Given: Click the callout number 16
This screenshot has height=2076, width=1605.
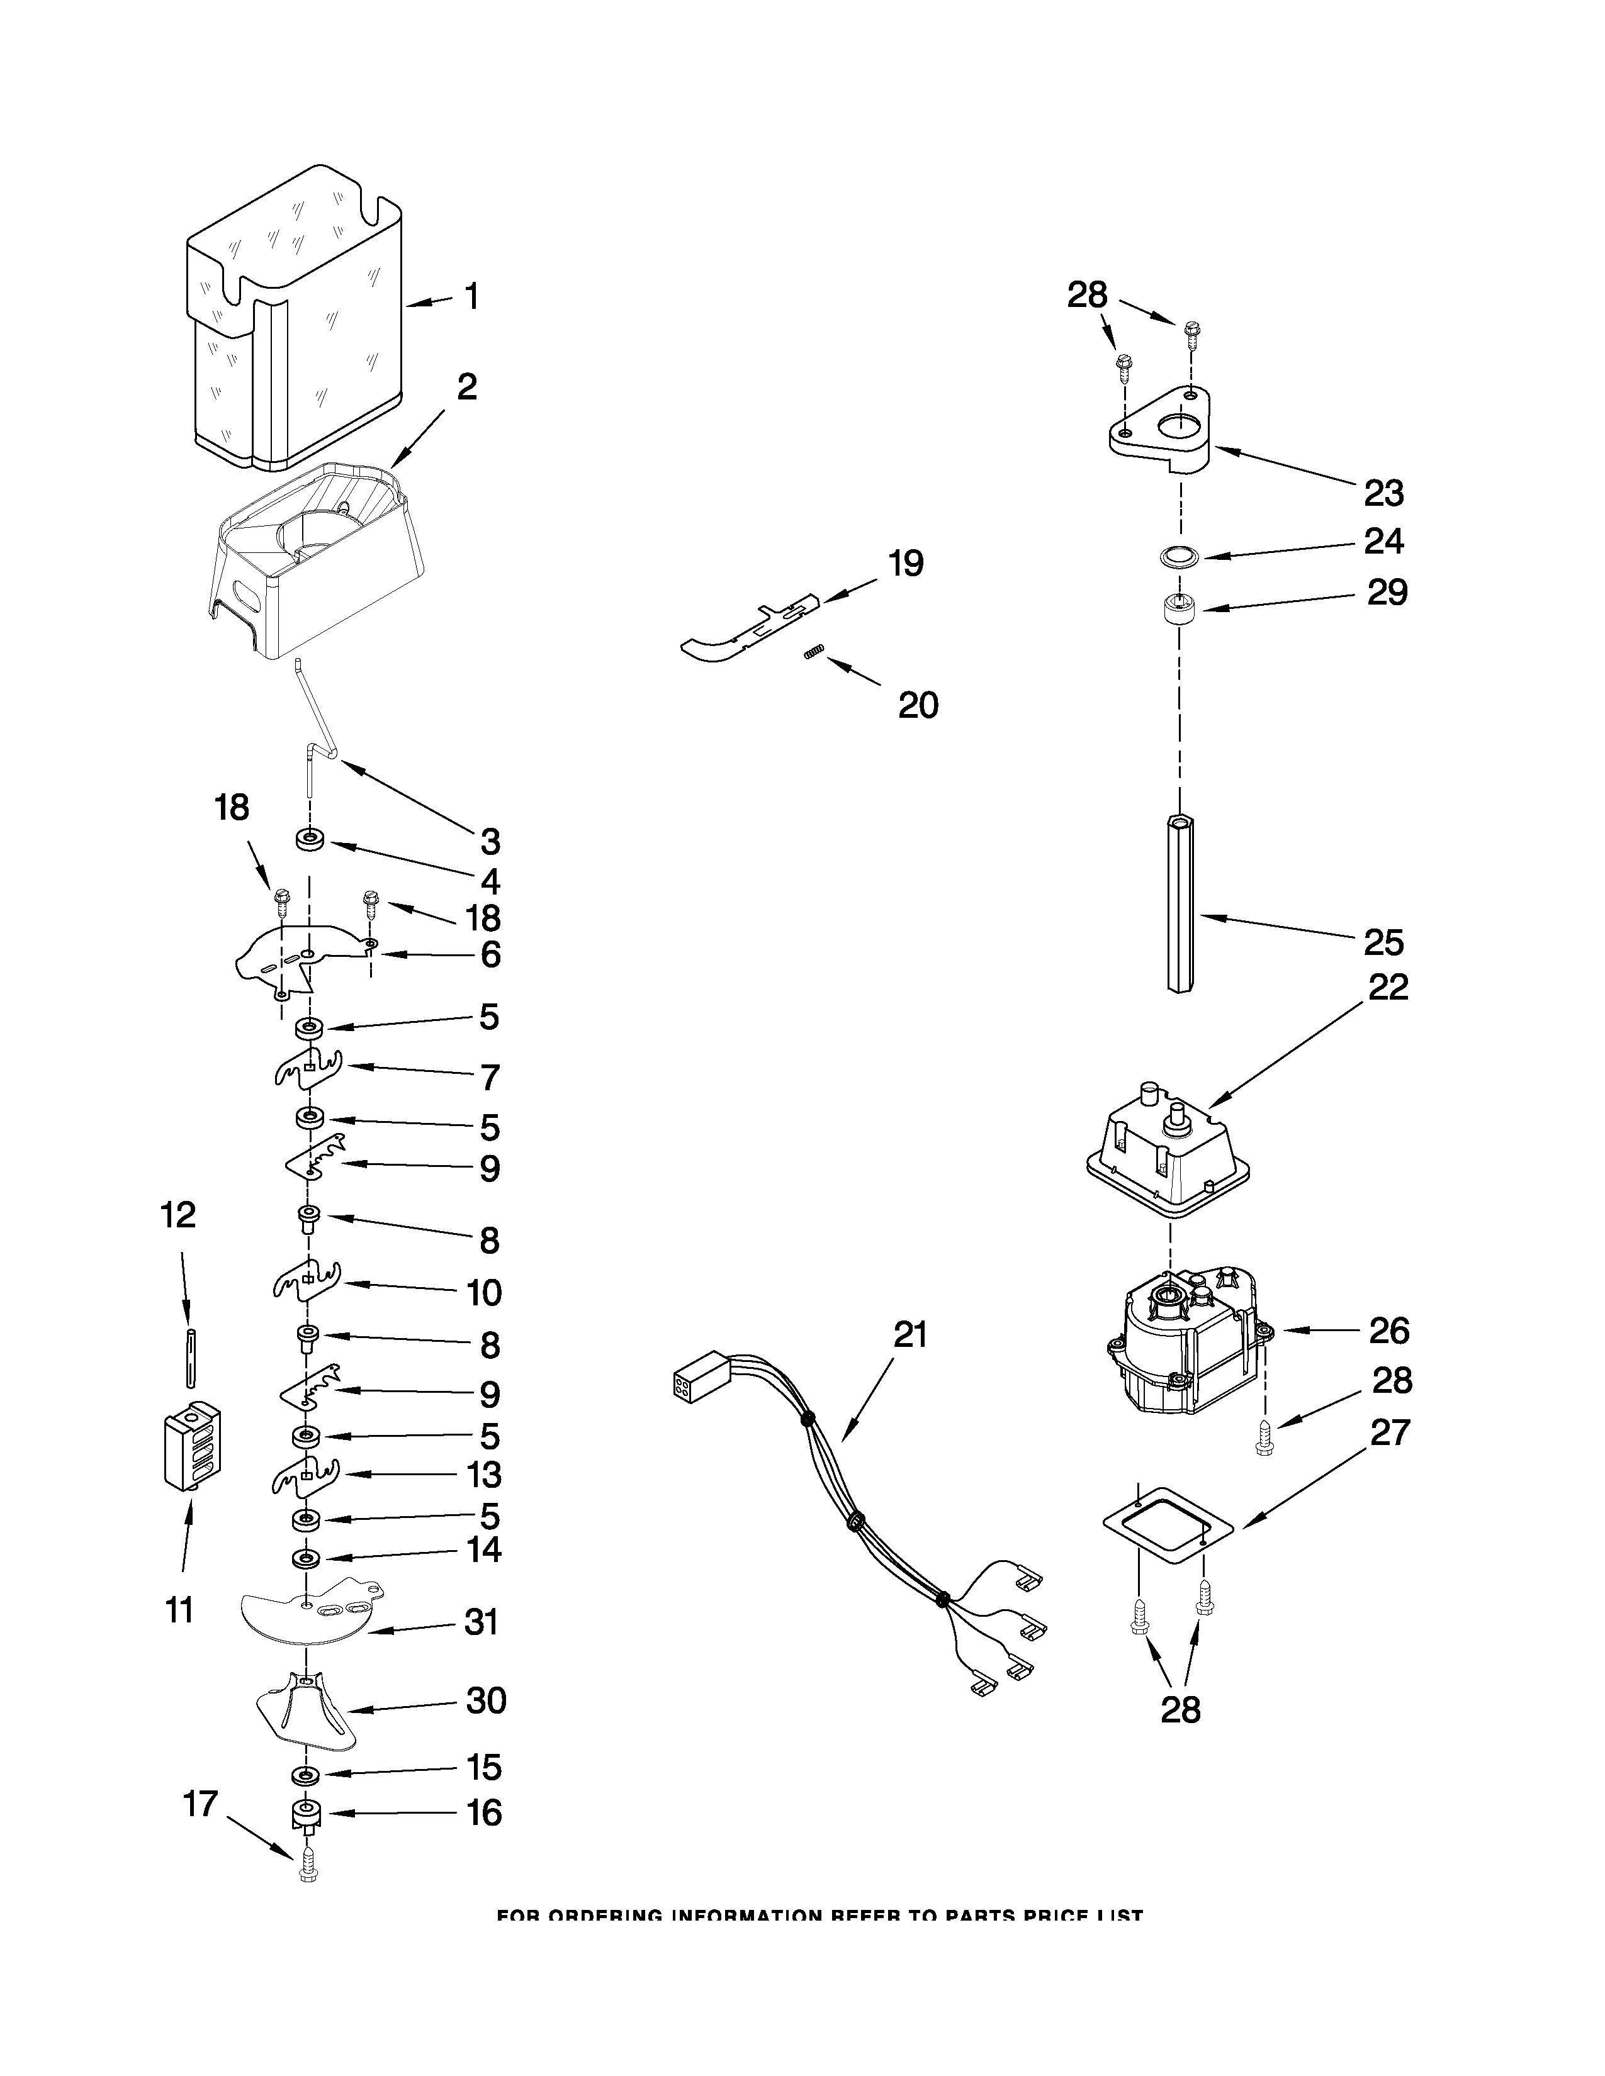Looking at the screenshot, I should [x=484, y=1812].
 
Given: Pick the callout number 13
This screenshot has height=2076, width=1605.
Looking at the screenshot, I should [x=484, y=1475].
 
